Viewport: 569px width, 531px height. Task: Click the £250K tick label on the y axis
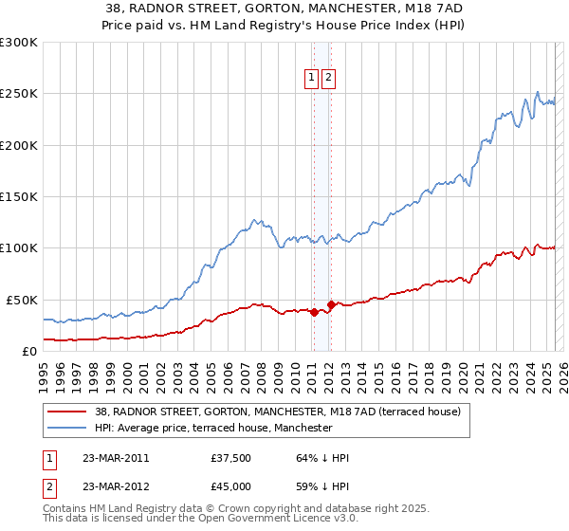pos(18,94)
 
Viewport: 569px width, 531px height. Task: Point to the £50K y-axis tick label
pos(22,300)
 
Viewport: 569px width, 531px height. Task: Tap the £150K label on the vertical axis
pos(18,196)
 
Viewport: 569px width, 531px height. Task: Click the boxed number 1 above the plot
pos(311,79)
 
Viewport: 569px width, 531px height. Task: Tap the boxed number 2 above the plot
pos(328,79)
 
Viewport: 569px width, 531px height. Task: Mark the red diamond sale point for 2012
pos(331,305)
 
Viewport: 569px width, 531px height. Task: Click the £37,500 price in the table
pos(231,458)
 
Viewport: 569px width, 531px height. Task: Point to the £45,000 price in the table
pos(231,485)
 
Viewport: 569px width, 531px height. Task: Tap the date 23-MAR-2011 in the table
pos(116,458)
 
